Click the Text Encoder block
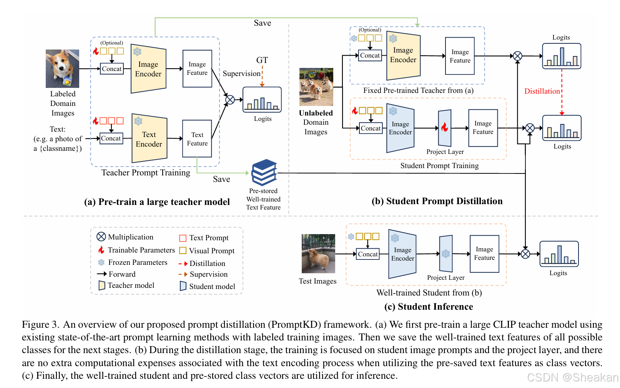click(x=149, y=139)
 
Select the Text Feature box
click(x=197, y=139)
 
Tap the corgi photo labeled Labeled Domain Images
click(x=62, y=68)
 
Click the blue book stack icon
click(x=264, y=172)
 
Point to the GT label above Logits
click(x=262, y=60)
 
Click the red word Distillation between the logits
click(x=542, y=91)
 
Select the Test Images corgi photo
click(x=318, y=254)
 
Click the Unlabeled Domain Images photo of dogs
click(x=316, y=87)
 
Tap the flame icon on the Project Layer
click(x=444, y=127)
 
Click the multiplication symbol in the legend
click(x=101, y=237)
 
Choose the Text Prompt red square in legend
click(x=183, y=238)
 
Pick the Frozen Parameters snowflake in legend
click(x=101, y=263)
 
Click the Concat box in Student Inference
click(x=368, y=254)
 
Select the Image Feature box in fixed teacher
click(x=460, y=56)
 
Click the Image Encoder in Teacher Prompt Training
click(x=148, y=69)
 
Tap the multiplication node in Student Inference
click(x=525, y=254)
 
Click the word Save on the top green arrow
click(x=262, y=23)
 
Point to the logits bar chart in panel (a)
click(x=262, y=100)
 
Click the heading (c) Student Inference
click(x=429, y=307)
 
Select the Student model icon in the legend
click(x=183, y=286)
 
